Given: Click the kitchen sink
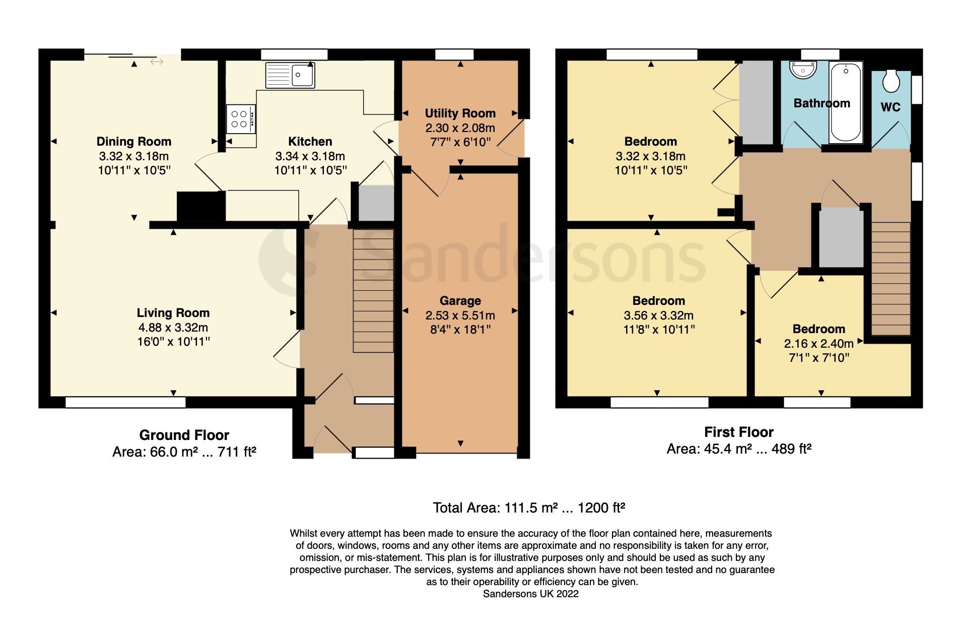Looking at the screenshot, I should [x=290, y=75].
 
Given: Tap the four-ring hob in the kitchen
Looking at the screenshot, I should [x=240, y=119].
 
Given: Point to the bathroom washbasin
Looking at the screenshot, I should [x=802, y=71].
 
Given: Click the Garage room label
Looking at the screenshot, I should [x=460, y=301].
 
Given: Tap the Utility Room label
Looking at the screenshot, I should [x=460, y=113].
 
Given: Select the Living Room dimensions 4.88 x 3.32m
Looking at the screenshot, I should [x=173, y=328].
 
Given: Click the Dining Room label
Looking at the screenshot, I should [x=134, y=142].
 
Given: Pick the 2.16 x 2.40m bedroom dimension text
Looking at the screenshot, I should [x=818, y=344].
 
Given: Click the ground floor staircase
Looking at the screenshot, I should [x=373, y=291].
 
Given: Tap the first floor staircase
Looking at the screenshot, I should [x=890, y=278].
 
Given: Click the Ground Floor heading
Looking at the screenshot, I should [x=184, y=435].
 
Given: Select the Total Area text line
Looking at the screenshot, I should [x=528, y=507].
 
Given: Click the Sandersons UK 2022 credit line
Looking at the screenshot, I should [x=530, y=594].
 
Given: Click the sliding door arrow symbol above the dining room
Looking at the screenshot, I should [x=157, y=61].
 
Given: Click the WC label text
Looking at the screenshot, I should [x=890, y=107].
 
